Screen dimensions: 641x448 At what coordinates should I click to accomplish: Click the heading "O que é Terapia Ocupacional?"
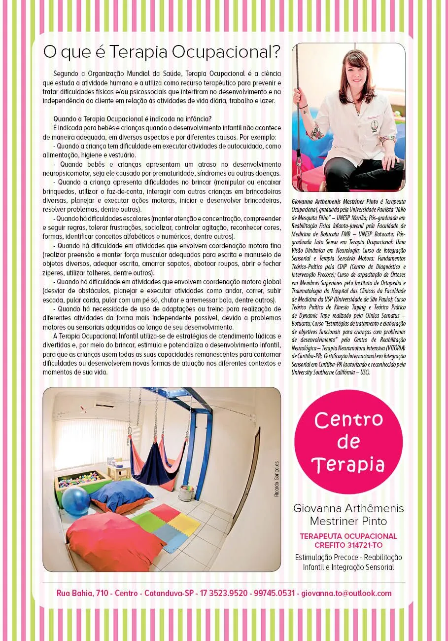pyautogui.click(x=162, y=51)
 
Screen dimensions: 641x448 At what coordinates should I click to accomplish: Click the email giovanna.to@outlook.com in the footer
pyautogui.click(x=346, y=593)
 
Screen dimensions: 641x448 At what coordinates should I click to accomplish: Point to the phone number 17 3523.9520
pyautogui.click(x=222, y=593)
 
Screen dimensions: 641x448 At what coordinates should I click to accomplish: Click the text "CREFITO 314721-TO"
pyautogui.click(x=348, y=545)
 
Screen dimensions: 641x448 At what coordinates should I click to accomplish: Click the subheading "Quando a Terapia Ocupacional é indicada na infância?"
pyautogui.click(x=132, y=118)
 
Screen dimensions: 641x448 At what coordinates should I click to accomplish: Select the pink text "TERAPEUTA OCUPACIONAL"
pyautogui.click(x=348, y=536)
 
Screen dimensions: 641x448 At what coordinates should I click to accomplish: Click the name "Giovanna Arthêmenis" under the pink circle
pyautogui.click(x=348, y=508)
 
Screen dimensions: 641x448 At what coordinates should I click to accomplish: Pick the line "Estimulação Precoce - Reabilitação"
pyautogui.click(x=348, y=557)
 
